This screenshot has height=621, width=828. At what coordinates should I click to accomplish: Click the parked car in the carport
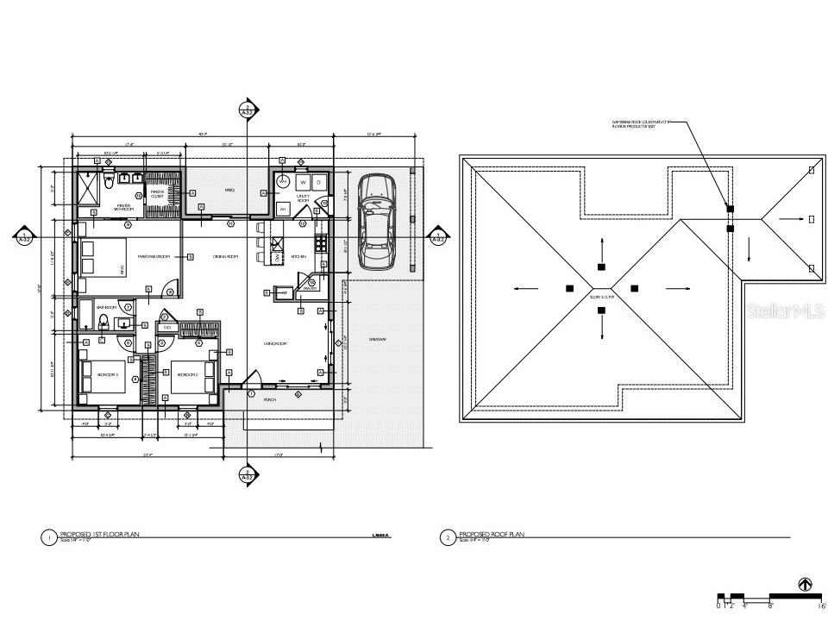tap(376, 222)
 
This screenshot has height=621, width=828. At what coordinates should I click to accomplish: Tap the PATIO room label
tap(230, 190)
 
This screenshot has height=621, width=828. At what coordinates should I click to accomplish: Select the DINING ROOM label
tap(225, 256)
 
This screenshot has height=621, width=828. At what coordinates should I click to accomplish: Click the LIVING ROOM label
tap(274, 343)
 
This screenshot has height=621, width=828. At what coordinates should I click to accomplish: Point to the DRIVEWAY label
tap(379, 339)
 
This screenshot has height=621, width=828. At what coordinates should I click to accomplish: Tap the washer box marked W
tap(303, 183)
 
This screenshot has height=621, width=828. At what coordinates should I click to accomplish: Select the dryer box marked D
tap(319, 183)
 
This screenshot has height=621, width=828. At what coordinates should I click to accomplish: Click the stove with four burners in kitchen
tap(320, 244)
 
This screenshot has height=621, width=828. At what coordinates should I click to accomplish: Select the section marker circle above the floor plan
tap(247, 110)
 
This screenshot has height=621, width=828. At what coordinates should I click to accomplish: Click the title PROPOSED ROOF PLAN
tap(491, 535)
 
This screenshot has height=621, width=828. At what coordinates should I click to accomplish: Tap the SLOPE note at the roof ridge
tap(601, 297)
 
